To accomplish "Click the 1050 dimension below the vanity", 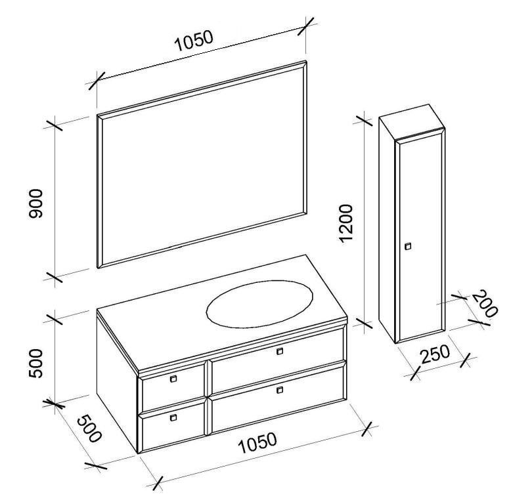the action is tap(257, 448).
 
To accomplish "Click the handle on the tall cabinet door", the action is tap(408, 246).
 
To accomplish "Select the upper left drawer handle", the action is tap(173, 379).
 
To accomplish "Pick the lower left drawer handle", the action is tap(173, 417).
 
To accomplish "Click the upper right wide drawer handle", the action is tap(280, 352).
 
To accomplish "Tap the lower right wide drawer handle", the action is tap(280, 390).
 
